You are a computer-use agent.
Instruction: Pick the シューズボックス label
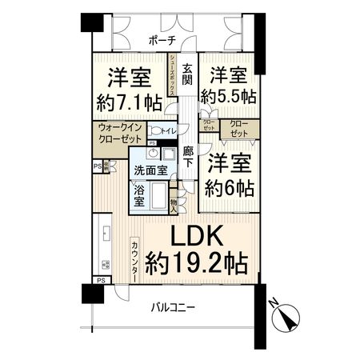tap(172, 75)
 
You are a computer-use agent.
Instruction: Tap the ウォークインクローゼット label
tap(120, 132)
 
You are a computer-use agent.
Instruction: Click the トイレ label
tap(169, 130)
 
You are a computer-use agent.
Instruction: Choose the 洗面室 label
tap(150, 170)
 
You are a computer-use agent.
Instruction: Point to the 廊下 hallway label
tap(187, 156)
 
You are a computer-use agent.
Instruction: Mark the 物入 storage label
tap(174, 204)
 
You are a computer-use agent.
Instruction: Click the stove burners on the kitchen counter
tap(103, 264)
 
